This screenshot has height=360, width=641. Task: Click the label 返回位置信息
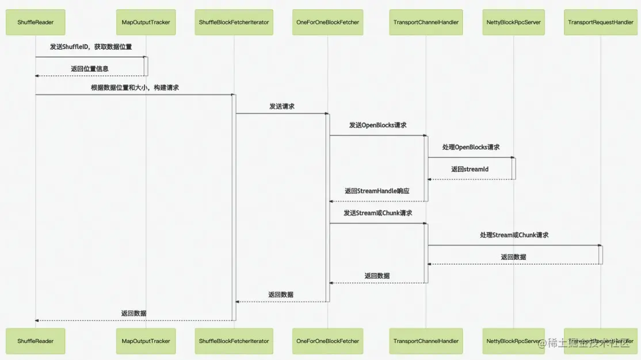(90, 68)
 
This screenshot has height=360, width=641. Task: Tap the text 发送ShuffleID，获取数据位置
(90, 47)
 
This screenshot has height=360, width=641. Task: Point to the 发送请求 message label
(282, 106)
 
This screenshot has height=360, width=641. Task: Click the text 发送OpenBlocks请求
(377, 125)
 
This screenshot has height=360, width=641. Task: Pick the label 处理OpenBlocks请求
(471, 147)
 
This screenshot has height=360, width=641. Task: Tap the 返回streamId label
(470, 169)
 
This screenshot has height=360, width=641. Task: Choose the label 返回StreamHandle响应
(377, 190)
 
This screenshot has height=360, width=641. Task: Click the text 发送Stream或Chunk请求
(377, 213)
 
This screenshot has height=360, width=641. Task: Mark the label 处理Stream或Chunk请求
(514, 235)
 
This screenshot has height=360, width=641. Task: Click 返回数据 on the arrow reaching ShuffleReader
(133, 313)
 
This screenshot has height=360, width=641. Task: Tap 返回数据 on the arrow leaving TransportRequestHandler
(513, 257)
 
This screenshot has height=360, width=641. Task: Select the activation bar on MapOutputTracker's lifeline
(146, 66)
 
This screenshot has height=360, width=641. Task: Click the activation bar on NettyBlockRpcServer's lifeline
(514, 168)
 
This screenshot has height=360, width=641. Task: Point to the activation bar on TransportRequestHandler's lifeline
(600, 255)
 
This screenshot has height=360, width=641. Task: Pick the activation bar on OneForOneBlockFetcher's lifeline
(328, 207)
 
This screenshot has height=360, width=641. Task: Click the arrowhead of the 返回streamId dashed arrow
(430, 179)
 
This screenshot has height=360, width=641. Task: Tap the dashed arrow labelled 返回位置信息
(89, 75)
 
